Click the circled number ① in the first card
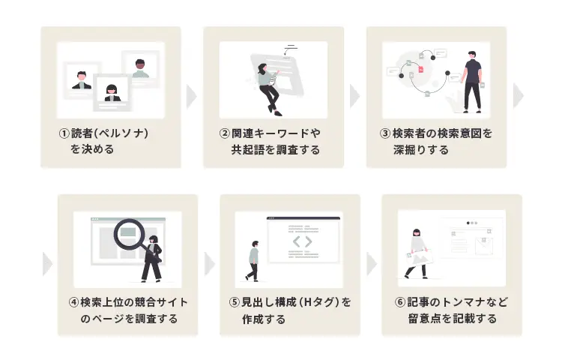pos(64,133)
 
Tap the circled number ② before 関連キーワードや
pos(224,133)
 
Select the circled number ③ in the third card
pos(385,133)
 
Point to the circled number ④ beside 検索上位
pos(73,302)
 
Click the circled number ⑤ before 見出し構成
pos(234,302)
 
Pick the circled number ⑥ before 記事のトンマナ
pos(399,302)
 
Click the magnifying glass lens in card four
pos(129,234)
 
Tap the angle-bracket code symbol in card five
pos(302,241)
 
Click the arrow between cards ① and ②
pos(192,97)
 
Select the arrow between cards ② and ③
pos(354,97)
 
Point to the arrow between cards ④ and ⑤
pos(210,264)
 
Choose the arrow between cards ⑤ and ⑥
pos(372,264)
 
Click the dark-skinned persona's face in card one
pos(140,65)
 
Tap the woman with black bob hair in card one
pos(112,93)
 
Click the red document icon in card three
pos(421,69)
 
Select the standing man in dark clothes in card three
pos(472,82)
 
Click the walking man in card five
pos(253,261)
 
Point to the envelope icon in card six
pos(484,246)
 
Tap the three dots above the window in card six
pos(472,223)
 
